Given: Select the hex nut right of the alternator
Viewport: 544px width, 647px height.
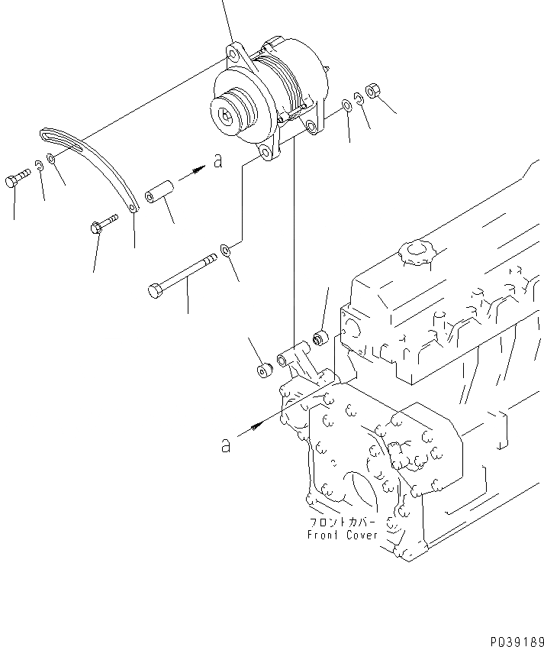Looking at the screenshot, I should (x=373, y=90).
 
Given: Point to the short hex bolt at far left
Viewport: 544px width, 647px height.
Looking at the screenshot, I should (x=17, y=180).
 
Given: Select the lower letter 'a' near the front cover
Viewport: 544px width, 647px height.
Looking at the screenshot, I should (x=225, y=445).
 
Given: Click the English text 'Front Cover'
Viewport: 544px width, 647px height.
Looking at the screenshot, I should (x=343, y=535).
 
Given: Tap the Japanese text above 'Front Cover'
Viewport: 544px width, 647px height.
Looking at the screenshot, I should (x=343, y=522).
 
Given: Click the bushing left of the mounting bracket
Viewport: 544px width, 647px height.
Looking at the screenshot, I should (x=265, y=371).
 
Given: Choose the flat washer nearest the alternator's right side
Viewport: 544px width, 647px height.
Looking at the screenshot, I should (x=347, y=104).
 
